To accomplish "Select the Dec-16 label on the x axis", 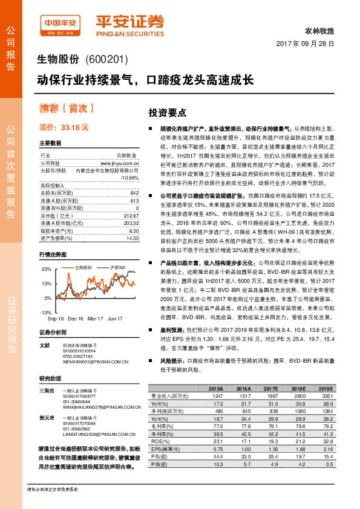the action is coord(76,318).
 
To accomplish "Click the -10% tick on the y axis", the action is coord(46,312).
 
